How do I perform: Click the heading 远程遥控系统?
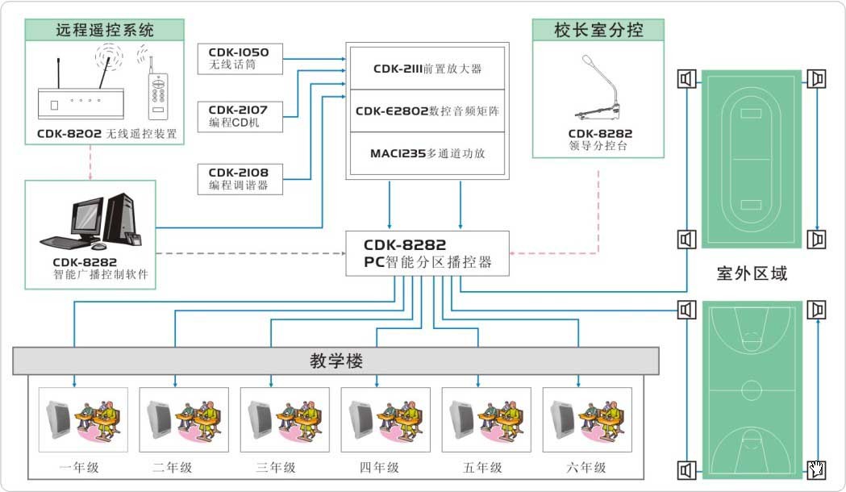coord(105,31)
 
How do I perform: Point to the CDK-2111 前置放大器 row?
coord(427,69)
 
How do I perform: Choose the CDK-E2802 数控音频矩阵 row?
coord(427,111)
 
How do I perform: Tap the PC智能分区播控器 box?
coord(427,253)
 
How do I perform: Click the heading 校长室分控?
coord(598,31)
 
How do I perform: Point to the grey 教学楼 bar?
coord(335,360)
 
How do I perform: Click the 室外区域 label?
coord(752,273)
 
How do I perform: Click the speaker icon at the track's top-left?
coord(686,79)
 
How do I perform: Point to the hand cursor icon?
coord(817,468)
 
